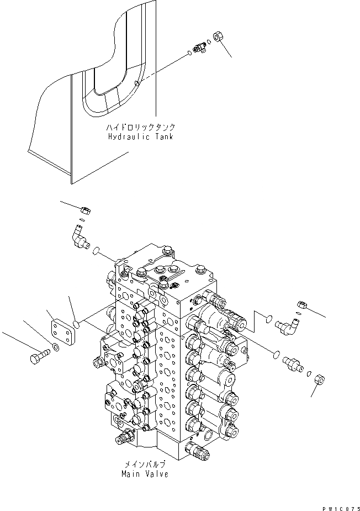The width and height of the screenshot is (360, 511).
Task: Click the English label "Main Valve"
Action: pos(146,473)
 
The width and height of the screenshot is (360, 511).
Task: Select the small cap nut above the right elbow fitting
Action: pos(302,304)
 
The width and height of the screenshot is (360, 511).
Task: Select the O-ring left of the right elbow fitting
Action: pos(268,318)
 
